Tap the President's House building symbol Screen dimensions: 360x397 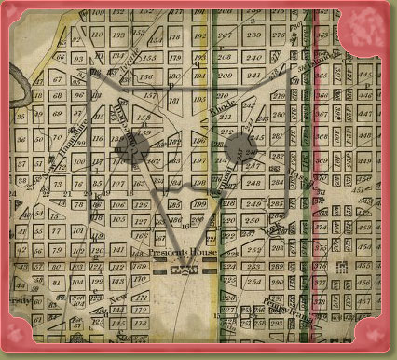click(183, 270)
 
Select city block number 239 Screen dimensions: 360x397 click(253, 35)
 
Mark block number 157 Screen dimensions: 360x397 click(147, 96)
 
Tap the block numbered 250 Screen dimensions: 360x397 click(253, 219)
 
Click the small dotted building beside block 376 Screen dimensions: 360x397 click(343, 267)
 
